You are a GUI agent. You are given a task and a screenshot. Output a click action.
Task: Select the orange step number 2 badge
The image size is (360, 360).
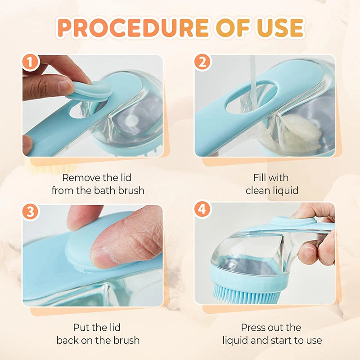pos(202,63)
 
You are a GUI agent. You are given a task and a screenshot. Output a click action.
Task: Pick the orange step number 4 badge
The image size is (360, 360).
pos(202,209)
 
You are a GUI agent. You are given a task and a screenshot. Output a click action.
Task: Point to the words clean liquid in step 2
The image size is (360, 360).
pos(272,190)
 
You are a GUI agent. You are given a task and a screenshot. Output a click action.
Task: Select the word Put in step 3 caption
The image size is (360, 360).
pos(82,327)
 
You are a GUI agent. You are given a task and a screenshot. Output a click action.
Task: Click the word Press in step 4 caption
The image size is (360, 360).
pos(253,327)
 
